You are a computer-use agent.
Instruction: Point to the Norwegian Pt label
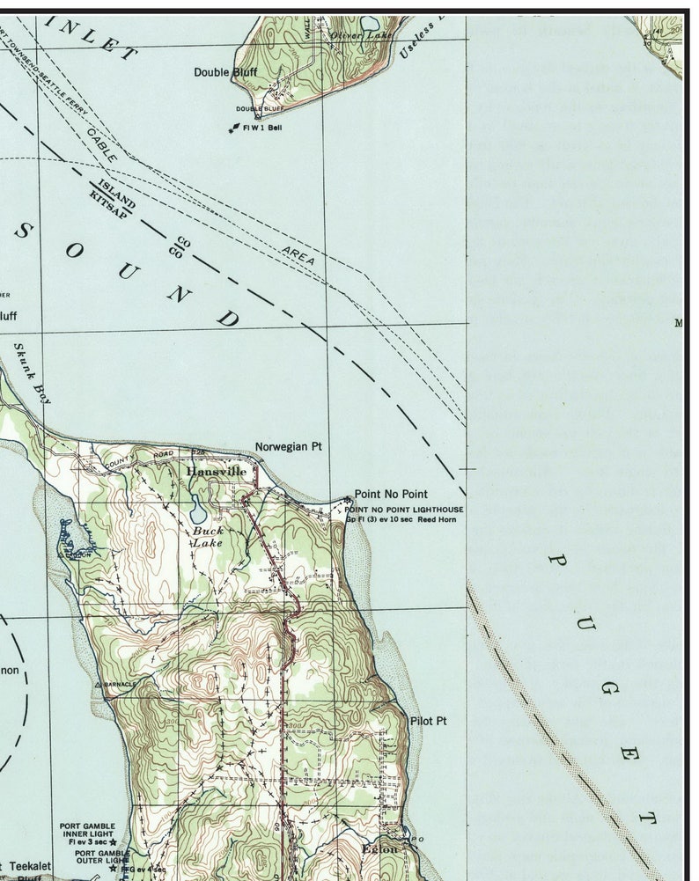point(289,447)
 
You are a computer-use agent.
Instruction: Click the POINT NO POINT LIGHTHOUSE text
point(403,510)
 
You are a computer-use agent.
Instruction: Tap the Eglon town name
point(379,849)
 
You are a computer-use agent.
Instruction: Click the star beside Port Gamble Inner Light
point(113,842)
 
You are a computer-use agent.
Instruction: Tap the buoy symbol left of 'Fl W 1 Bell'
point(233,130)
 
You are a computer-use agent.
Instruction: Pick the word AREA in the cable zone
point(298,255)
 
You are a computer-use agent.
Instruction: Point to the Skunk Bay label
point(33,372)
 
